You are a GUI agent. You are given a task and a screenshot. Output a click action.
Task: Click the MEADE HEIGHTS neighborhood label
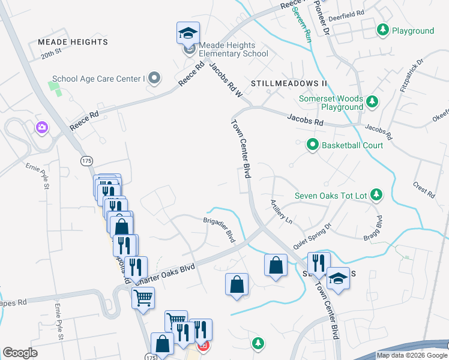pyautogui.click(x=73, y=42)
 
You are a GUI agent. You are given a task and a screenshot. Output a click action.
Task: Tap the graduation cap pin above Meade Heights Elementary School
pyautogui.click(x=188, y=33)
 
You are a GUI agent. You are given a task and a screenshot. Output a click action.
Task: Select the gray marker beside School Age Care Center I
pyautogui.click(x=154, y=78)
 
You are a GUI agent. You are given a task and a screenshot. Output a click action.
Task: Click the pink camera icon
pyautogui.click(x=41, y=127)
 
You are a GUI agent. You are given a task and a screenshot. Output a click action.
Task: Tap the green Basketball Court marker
pyautogui.click(x=312, y=145)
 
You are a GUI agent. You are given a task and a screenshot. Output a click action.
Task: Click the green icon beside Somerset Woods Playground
pyautogui.click(x=372, y=101)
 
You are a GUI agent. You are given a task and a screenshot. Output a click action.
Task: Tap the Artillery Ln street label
pyautogui.click(x=281, y=211)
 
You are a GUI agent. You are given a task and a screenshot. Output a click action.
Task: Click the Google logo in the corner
pyautogui.click(x=20, y=353)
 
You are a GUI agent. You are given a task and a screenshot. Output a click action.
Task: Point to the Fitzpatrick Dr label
pyautogui.click(x=412, y=76)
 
